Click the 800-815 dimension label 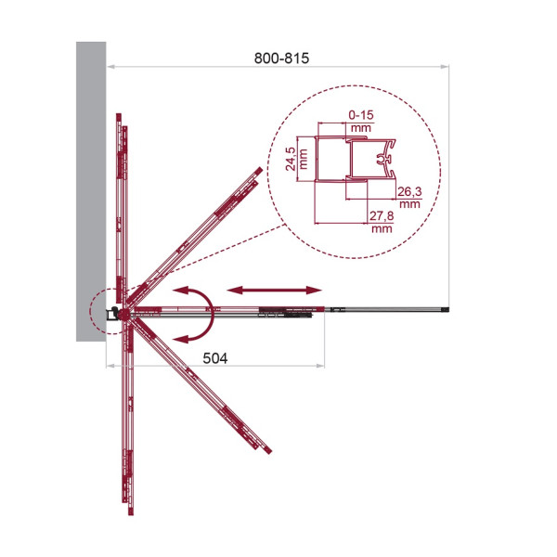point(281,58)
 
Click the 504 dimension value point(215,358)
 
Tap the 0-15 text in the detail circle point(361,115)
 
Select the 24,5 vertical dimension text point(291,159)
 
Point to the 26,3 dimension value point(409,192)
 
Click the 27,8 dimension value point(382,216)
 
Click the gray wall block point(91,191)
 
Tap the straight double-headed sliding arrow point(274,291)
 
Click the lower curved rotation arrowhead point(181,339)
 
